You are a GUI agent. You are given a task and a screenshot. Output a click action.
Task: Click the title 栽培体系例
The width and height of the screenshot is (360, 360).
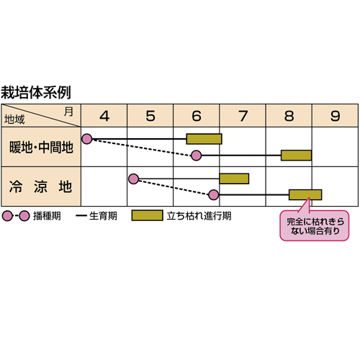36,92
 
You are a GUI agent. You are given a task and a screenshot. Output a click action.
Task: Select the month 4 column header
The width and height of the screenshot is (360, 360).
104,116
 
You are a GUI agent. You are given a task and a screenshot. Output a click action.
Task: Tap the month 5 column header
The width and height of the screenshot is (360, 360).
150,116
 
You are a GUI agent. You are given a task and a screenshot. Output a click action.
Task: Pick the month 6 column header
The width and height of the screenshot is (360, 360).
197,116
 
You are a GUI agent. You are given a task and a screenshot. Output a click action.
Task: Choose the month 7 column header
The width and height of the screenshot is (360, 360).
243,116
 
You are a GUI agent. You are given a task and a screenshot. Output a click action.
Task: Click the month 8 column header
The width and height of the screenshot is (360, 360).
289,116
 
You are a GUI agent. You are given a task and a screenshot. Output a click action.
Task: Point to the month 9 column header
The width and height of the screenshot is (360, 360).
336,116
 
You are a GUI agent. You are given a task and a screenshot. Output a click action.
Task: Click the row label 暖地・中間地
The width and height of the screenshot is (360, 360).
41,147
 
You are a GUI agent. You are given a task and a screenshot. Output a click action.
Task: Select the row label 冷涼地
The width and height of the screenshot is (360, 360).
40,186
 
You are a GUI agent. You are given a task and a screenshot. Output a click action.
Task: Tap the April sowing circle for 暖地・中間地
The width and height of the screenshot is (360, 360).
87,139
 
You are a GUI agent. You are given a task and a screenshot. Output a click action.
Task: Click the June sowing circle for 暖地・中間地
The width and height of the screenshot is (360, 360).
197,156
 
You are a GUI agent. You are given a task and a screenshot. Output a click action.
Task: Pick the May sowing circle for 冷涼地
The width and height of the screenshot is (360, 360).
134,179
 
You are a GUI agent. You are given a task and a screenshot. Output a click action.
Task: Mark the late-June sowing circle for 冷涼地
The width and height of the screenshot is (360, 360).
214,194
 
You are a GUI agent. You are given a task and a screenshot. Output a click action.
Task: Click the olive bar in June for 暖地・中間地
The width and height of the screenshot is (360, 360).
204,139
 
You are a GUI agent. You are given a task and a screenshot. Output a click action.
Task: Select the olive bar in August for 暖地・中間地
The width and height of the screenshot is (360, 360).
296,156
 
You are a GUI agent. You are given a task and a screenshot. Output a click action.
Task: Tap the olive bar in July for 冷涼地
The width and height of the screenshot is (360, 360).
234,179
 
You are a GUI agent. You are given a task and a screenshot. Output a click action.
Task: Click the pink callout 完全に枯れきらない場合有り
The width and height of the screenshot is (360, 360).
315,225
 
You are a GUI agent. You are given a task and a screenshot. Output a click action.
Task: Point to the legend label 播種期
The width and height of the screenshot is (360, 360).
47,216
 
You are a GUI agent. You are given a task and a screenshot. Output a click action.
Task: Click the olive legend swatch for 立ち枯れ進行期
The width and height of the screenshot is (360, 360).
147,215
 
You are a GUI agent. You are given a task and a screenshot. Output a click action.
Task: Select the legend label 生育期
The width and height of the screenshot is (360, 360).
103,216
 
